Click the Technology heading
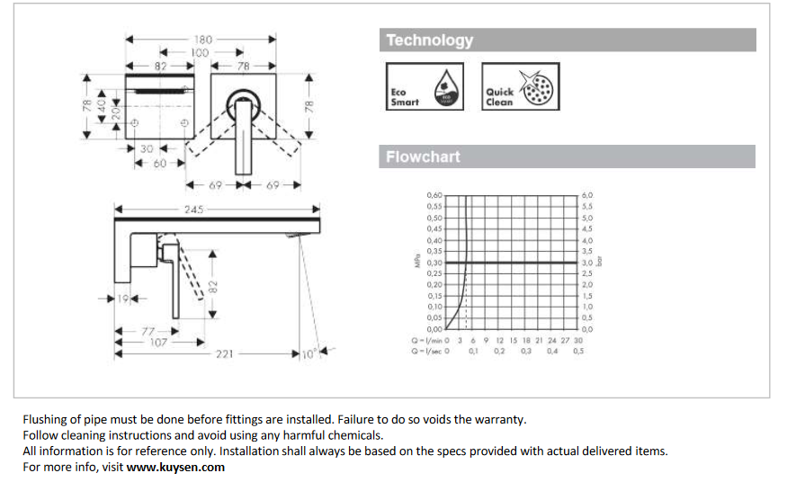(429, 40)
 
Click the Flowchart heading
(423, 157)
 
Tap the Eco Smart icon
(425, 86)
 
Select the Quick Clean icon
(520, 86)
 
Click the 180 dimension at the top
(202, 39)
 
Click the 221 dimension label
(224, 354)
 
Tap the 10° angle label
(308, 354)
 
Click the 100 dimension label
(199, 53)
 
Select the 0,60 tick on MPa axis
(434, 195)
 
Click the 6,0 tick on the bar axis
(587, 195)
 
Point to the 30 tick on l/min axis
(578, 341)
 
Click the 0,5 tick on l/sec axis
(578, 352)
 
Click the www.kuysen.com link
(175, 468)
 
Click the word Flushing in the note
(45, 419)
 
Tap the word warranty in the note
(500, 419)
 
